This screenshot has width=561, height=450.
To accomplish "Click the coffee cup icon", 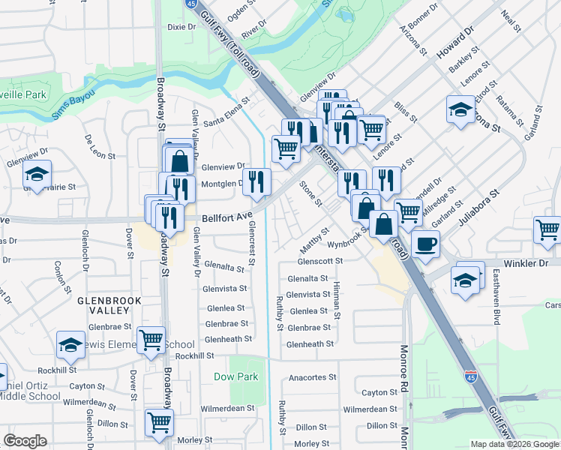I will [425, 244].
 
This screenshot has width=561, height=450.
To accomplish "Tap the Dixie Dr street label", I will [181, 26].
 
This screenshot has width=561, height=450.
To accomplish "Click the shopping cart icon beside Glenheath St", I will [151, 340].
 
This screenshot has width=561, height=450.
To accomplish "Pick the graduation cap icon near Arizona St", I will [460, 109].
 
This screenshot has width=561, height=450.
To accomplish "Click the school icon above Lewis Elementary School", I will [70, 344].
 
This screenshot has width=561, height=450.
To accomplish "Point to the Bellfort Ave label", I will [227, 217].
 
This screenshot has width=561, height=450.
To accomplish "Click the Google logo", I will [25, 441].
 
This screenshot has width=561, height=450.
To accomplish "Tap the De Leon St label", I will [100, 147].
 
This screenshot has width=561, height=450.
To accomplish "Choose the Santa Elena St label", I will [226, 116].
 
